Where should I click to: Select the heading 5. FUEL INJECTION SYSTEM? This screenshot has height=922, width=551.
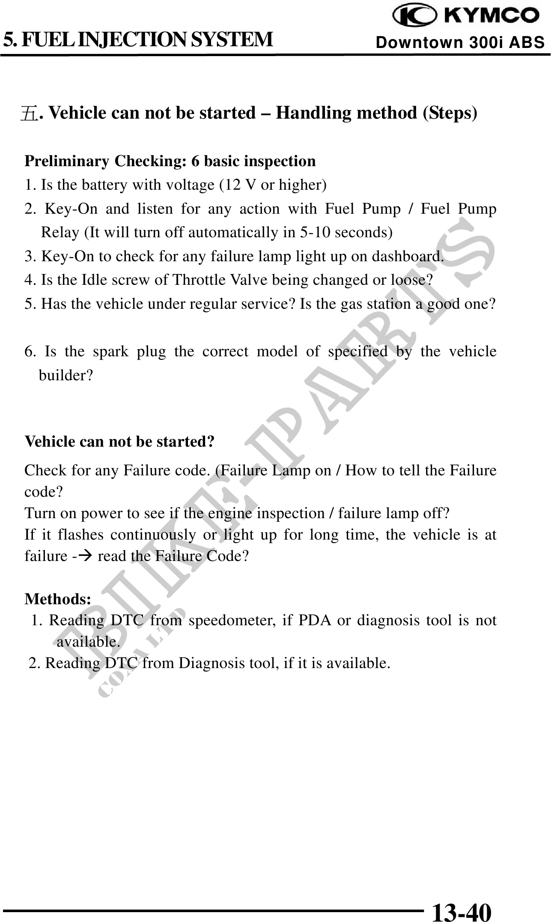click(x=138, y=39)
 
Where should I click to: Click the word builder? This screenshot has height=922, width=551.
click(x=65, y=376)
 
